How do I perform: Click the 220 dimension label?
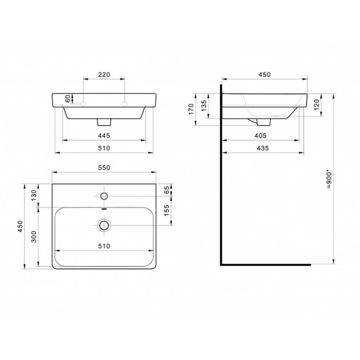pos(104,75)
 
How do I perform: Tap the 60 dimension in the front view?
pos(68,99)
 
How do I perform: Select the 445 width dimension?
pos(104,136)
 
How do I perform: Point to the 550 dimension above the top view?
pos(104,168)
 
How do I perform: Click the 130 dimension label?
pos(34,195)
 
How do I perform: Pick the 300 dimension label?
pos(34,237)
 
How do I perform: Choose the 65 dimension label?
pos(167,190)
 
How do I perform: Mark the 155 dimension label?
pos(167,210)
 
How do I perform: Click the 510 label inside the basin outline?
pos(104,246)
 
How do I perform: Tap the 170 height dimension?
pos(191,109)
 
